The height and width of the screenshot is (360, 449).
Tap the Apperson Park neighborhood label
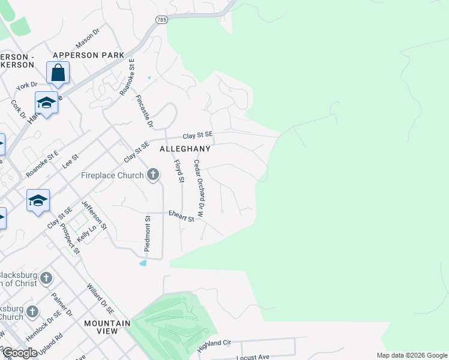88,55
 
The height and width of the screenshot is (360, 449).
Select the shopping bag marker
58,73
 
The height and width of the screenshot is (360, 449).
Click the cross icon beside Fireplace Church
153,175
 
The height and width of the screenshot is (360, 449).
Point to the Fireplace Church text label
112,176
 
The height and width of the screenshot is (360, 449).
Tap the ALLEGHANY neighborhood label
185,148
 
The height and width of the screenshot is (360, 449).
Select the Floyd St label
178,171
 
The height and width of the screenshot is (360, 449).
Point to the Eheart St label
181,216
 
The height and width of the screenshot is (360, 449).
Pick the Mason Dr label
88,37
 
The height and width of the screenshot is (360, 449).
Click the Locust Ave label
253,356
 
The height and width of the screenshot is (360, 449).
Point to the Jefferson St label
94,215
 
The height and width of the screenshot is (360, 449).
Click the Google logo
20,353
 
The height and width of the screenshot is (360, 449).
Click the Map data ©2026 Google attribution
411,355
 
